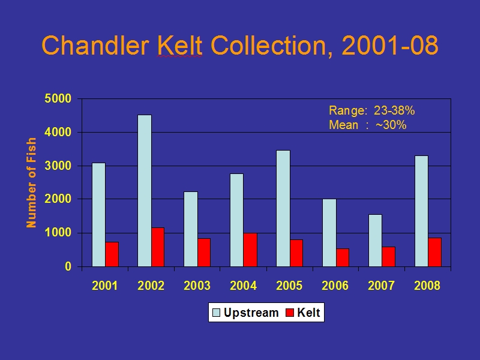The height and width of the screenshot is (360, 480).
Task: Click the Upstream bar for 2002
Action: click(x=145, y=191)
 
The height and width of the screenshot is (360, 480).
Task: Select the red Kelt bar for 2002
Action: click(x=158, y=247)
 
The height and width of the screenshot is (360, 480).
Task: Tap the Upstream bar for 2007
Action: click(x=376, y=241)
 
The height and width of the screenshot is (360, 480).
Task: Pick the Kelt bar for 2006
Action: click(x=343, y=257)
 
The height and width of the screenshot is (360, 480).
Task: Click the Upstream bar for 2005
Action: click(x=283, y=208)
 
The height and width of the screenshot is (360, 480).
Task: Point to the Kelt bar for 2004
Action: click(x=250, y=250)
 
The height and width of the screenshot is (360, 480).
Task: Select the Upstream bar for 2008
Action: click(x=422, y=211)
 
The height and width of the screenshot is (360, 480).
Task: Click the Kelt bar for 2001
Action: click(x=112, y=254)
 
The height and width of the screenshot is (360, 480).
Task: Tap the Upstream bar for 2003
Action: click(x=191, y=229)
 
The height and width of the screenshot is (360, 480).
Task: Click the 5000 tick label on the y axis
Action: click(x=58, y=98)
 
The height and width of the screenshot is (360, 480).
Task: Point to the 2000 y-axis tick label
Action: click(x=58, y=199)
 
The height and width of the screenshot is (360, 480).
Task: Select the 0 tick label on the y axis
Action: click(x=68, y=266)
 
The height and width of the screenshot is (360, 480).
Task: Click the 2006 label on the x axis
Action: click(x=335, y=286)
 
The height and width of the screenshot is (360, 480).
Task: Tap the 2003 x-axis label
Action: click(x=197, y=286)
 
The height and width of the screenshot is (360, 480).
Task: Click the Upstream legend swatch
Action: click(x=216, y=313)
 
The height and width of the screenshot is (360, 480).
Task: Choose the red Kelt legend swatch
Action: click(x=290, y=313)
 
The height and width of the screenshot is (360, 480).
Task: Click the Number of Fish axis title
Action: click(x=31, y=183)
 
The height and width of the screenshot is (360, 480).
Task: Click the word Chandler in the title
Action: click(x=95, y=46)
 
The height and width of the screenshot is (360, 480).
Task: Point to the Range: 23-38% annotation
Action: click(x=371, y=110)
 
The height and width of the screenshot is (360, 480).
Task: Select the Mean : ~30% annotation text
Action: click(x=368, y=125)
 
